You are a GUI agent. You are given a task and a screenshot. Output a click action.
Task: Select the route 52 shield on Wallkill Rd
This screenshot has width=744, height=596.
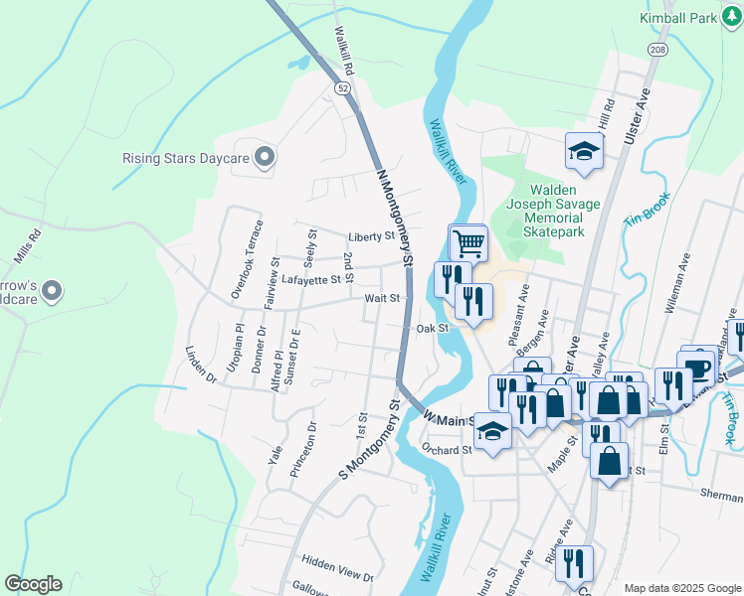tap(343, 88)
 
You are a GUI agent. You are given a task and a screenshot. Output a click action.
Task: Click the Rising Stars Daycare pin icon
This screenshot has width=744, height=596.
tap(265, 157)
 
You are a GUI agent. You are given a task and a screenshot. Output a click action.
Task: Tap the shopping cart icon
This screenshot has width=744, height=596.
tap(467, 242)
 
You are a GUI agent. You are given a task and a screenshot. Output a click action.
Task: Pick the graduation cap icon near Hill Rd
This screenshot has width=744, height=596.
tap(584, 151)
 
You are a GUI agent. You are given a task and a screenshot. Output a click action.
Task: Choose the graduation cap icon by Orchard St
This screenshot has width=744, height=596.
tap(492, 431)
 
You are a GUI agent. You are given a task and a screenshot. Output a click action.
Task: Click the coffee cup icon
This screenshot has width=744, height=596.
tap(697, 368)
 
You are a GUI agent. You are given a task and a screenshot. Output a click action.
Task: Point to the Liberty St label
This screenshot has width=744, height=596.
tap(372, 237)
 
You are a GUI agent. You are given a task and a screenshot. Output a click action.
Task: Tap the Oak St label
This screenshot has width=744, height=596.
tap(434, 328)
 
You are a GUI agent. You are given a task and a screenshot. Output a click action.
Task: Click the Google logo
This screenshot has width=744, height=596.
tap(33, 584)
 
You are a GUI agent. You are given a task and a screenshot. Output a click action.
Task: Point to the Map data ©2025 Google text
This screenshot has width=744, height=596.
tap(681, 587)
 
